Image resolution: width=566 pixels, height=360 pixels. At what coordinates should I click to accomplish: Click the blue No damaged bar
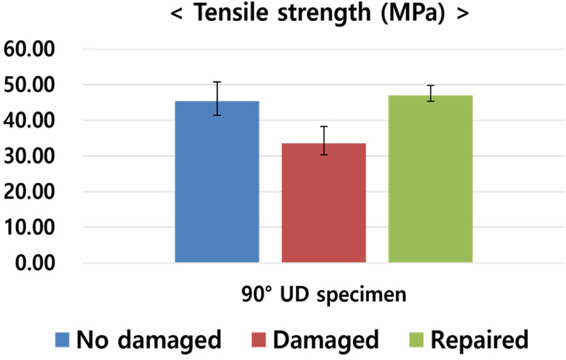coord(217,182)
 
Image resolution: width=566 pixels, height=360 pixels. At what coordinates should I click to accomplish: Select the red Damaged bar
coord(323,202)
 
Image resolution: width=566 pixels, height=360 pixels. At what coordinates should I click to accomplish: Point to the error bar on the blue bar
coord(217,98)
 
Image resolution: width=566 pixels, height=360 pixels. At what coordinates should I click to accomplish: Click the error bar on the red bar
coord(323,140)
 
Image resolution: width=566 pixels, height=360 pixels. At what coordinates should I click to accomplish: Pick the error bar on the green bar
coord(430,93)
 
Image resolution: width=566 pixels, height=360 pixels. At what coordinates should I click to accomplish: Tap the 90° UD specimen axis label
coord(323,295)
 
